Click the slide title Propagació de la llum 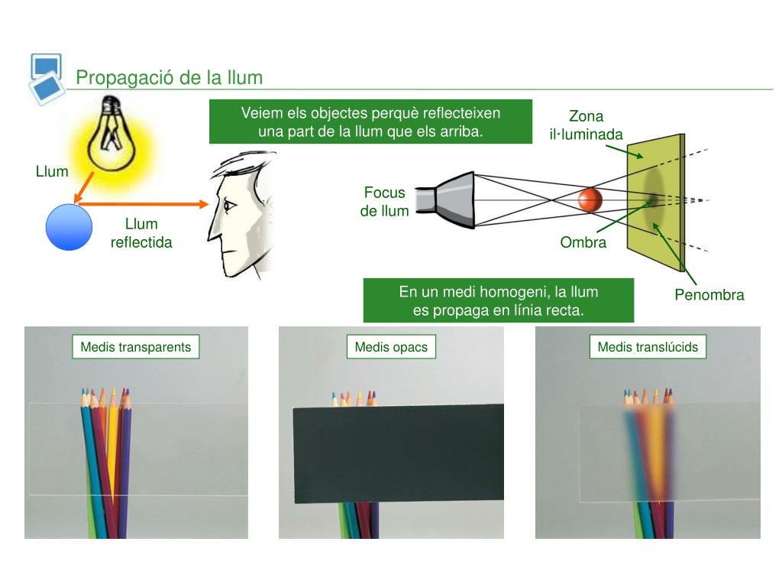(169, 78)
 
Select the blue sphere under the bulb (69, 227)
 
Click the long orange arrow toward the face (143, 203)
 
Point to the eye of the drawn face (229, 205)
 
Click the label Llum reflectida (141, 233)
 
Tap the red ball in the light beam (590, 199)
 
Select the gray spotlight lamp (445, 200)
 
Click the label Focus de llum (385, 202)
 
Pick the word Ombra (583, 242)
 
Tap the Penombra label (709, 294)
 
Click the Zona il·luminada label (586, 125)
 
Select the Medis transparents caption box (136, 347)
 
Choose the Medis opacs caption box (391, 347)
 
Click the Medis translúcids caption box (648, 347)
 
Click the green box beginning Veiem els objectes (370, 122)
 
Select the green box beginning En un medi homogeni (498, 300)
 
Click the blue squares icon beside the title (47, 79)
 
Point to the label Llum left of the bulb (52, 172)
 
